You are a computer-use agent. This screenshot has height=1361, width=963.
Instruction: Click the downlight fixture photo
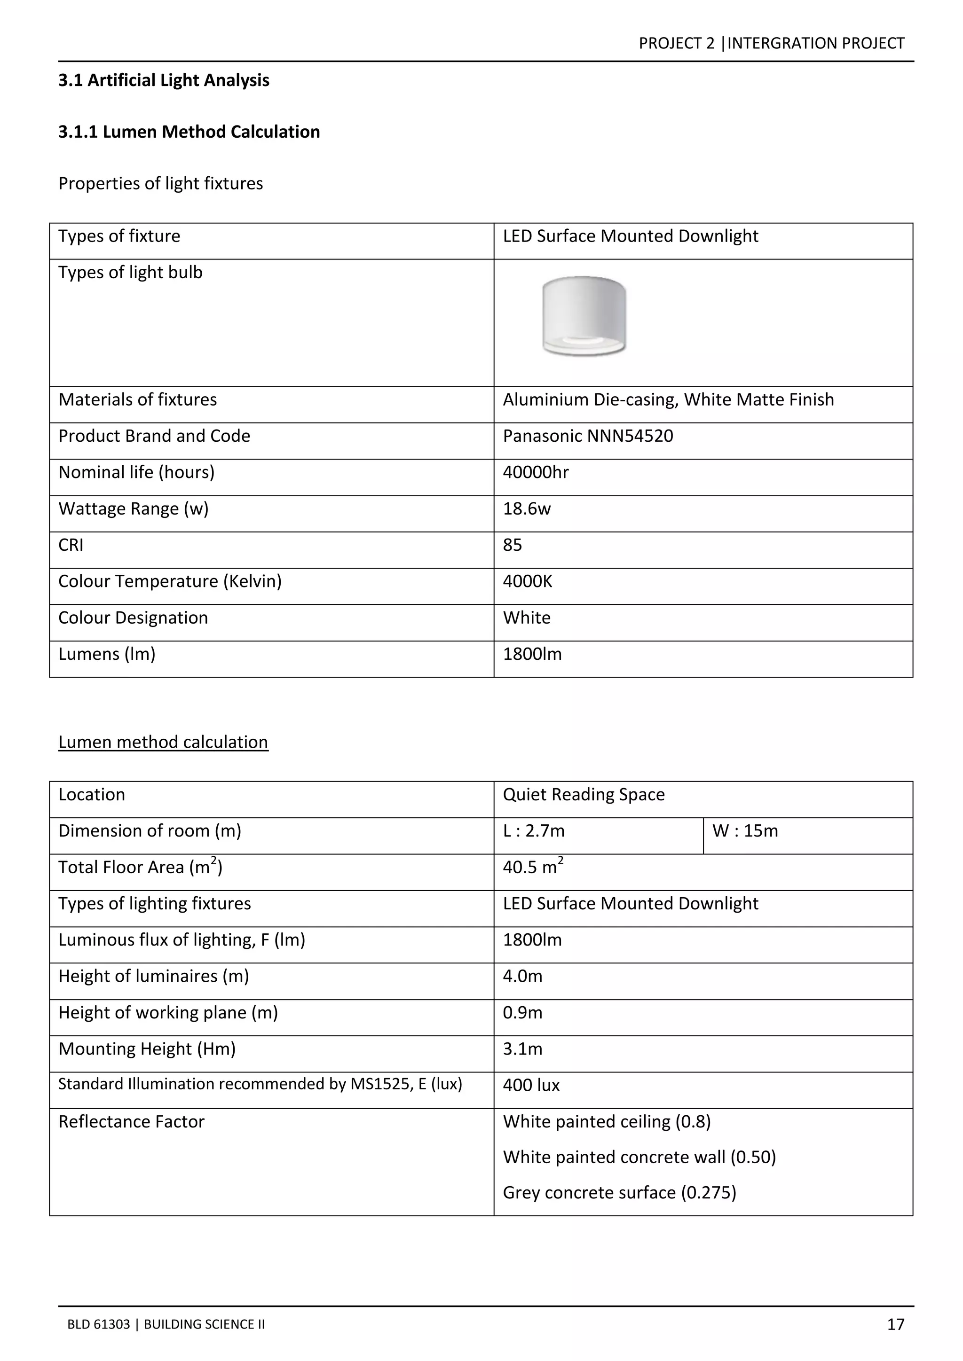(584, 316)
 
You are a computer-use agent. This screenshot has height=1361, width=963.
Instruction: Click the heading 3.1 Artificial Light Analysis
(164, 80)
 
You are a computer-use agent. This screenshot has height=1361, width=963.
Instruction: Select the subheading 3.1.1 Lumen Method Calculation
(189, 132)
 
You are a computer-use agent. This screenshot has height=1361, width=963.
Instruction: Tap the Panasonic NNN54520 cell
(588, 436)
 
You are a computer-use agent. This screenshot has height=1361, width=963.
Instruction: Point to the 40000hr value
(536, 472)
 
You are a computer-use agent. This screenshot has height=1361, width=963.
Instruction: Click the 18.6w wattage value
(527, 508)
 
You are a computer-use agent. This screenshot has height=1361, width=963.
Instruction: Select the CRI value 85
(513, 545)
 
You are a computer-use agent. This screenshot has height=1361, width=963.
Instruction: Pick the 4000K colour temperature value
(527, 581)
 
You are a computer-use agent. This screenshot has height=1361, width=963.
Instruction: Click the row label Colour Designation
(133, 618)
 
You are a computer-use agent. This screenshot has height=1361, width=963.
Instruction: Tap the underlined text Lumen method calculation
(163, 742)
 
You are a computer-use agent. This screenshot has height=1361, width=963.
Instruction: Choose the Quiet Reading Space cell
(584, 794)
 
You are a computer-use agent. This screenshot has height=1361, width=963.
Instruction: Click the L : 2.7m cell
(534, 831)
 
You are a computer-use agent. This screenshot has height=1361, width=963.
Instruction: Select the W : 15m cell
(745, 831)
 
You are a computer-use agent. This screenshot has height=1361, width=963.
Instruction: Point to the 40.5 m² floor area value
(532, 867)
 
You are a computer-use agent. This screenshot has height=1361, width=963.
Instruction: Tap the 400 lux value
(531, 1085)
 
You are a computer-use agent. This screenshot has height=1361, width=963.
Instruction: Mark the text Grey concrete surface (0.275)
(619, 1192)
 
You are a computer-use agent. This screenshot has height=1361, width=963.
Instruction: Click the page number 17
(895, 1324)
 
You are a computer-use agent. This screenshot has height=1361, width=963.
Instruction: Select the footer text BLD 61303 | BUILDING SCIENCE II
(166, 1324)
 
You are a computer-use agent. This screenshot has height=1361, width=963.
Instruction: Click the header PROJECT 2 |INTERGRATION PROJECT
(771, 43)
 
